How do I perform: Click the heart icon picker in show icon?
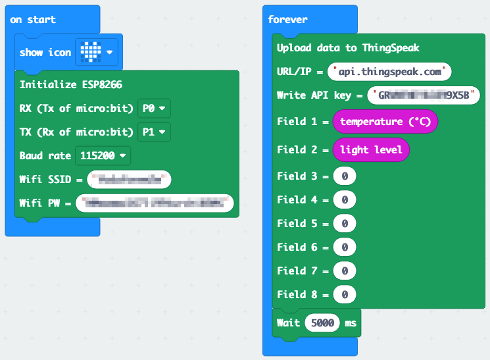pyautogui.click(x=96, y=52)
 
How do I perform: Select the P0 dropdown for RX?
pyautogui.click(x=152, y=108)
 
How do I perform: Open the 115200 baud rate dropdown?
pyautogui.click(x=103, y=156)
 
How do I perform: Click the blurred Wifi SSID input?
pyautogui.click(x=129, y=180)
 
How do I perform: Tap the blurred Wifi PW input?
pyautogui.click(x=155, y=203)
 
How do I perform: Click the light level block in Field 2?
pyautogui.click(x=371, y=150)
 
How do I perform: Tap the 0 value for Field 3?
pyautogui.click(x=345, y=176)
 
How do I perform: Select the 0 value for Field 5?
pyautogui.click(x=345, y=224)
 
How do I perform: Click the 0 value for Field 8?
pyautogui.click(x=345, y=294)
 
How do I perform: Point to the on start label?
pyautogui.click(x=33, y=19)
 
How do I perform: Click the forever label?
pyautogui.click(x=287, y=19)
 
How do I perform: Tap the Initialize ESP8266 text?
pyautogui.click(x=70, y=84)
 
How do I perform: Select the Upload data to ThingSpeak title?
pyautogui.click(x=348, y=48)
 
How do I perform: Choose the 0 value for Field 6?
pyautogui.click(x=345, y=247)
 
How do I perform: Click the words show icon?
pyautogui.click(x=45, y=53)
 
